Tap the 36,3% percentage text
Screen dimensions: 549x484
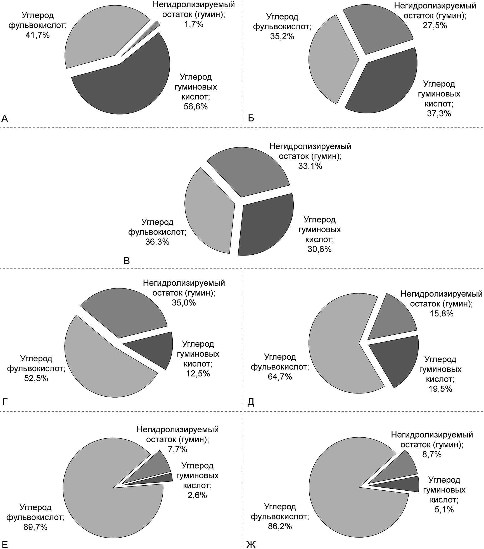pos(157,242)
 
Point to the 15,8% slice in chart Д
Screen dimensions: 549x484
pos(394,318)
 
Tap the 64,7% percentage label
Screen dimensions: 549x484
pos(280,377)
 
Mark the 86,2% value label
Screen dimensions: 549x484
pos(280,526)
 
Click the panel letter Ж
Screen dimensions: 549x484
pos(251,543)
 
